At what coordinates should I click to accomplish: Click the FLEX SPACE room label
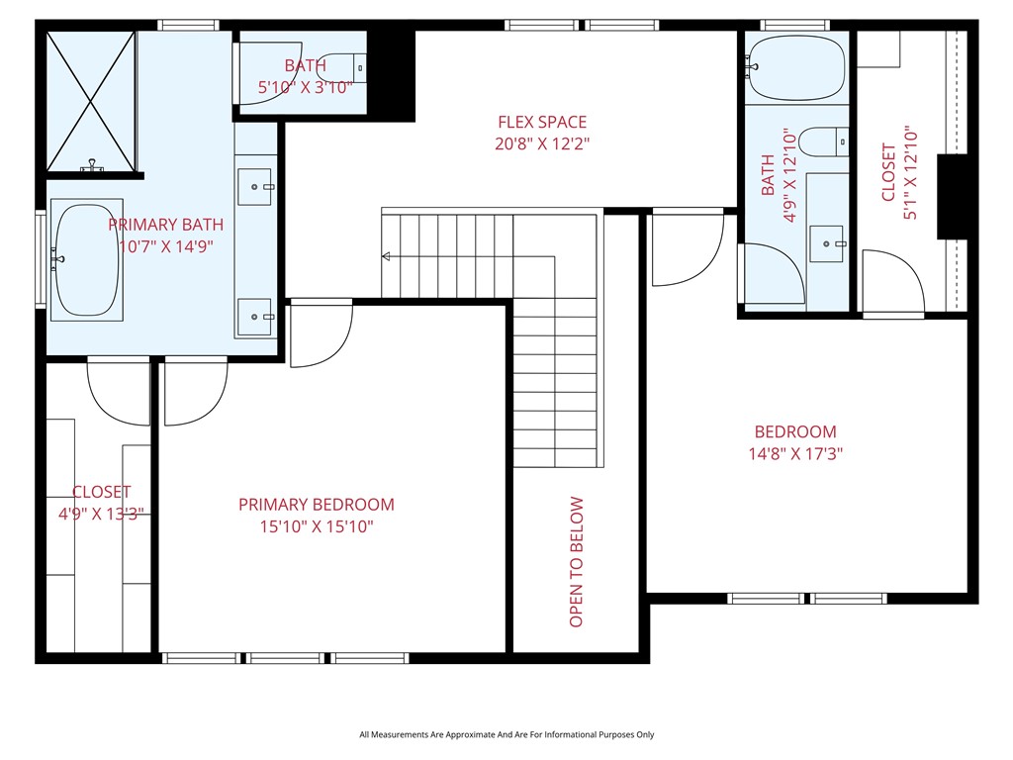point(541,123)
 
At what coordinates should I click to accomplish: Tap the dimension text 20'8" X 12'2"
point(541,144)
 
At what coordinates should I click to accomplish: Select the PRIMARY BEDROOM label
point(316,505)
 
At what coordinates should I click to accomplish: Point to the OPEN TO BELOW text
point(577,561)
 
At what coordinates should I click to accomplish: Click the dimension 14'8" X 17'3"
point(795,454)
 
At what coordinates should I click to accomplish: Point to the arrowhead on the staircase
point(386,257)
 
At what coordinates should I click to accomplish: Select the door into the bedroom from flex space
point(688,247)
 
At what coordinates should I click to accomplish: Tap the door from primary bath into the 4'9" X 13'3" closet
point(119,391)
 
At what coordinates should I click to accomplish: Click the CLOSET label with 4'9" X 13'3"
point(101,492)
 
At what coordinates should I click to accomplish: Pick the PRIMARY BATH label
point(165,225)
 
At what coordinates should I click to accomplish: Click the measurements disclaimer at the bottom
point(506,734)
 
